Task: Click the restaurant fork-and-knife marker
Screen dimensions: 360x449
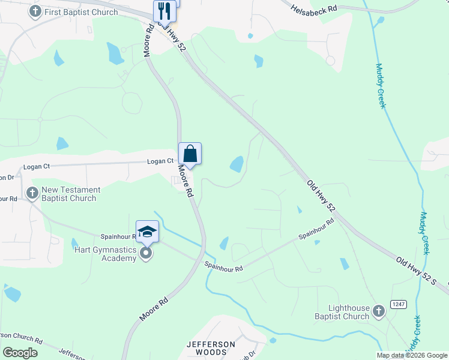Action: coord(164,11)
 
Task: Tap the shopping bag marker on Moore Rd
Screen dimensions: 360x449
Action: coord(190,154)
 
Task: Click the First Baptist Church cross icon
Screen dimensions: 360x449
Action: coord(35,11)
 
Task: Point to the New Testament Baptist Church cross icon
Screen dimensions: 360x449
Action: coord(32,193)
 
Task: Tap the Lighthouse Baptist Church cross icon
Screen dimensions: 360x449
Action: coord(378,311)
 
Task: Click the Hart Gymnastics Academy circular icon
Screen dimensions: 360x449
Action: coord(146,254)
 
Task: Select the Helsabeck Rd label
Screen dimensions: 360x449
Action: coord(313,10)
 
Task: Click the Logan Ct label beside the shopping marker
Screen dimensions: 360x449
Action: coord(161,161)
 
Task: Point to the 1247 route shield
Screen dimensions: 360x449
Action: coord(398,305)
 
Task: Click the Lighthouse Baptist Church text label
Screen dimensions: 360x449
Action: coord(342,312)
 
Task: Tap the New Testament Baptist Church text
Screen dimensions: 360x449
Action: coord(71,194)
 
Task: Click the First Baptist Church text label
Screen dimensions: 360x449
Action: coord(81,12)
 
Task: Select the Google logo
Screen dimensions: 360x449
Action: coord(20,353)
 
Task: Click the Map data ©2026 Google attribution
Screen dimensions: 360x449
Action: coord(412,355)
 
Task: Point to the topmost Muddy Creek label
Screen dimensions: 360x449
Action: coord(380,86)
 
